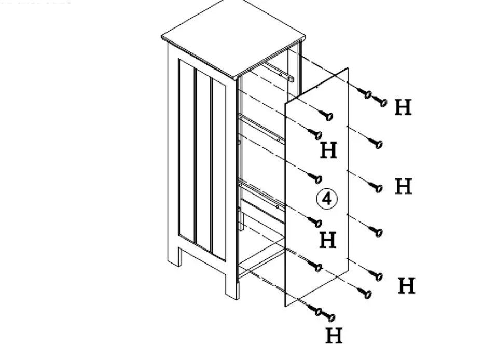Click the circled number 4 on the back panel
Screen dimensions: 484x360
327,199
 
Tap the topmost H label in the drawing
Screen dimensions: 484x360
403,107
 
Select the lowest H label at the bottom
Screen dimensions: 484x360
334,336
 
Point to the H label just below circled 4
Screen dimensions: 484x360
328,240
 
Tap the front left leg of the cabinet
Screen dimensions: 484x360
231,283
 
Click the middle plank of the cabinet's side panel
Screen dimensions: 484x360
203,161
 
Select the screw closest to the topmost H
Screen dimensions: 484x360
382,102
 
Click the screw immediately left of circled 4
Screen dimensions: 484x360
314,178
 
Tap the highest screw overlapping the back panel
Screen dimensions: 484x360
327,115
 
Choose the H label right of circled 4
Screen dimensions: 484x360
403,186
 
